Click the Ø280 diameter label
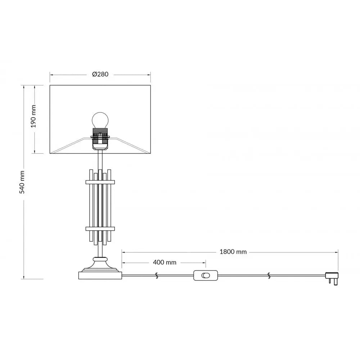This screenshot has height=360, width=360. pyautogui.click(x=100, y=75)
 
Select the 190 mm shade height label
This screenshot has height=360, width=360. pyautogui.click(x=33, y=116)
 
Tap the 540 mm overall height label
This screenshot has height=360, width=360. pyautogui.click(x=22, y=182)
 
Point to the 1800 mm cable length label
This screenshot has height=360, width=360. pyautogui.click(x=233, y=252)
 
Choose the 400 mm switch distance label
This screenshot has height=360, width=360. pyautogui.click(x=165, y=262)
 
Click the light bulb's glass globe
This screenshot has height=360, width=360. pyautogui.click(x=100, y=120)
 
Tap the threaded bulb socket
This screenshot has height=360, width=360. pyautogui.click(x=100, y=138)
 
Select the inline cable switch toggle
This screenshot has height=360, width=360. pyautogui.click(x=206, y=275)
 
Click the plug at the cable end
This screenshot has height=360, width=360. pyautogui.click(x=332, y=278)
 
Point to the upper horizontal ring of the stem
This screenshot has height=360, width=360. pyautogui.click(x=100, y=182)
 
